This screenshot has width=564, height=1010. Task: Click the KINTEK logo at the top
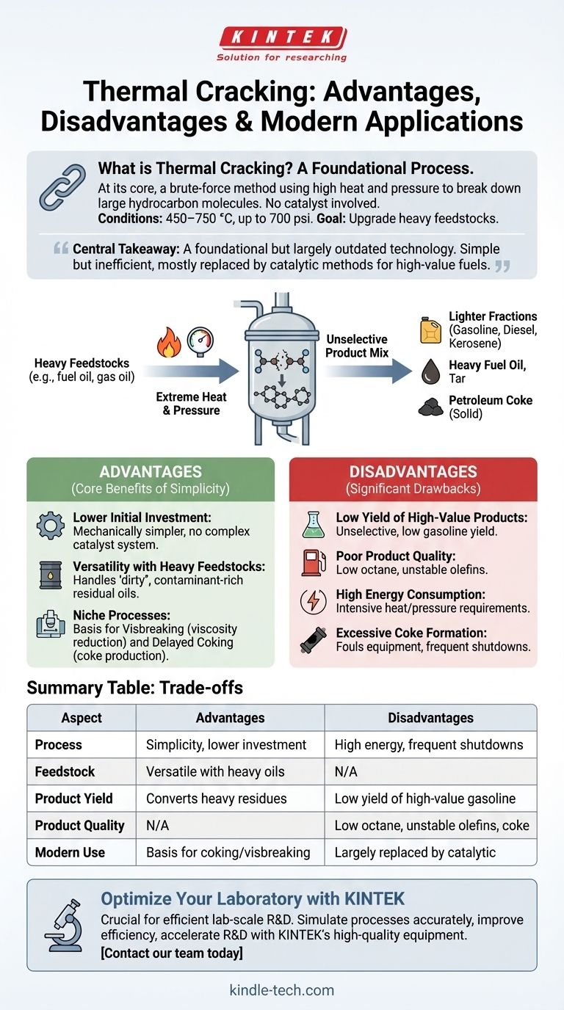pos(282,37)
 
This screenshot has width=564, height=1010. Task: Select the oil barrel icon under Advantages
pos(50,574)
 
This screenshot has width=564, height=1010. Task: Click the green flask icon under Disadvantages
pos(313,524)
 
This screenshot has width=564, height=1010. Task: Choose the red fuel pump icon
pos(313,562)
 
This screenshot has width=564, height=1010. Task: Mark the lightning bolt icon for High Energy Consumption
pos(313,601)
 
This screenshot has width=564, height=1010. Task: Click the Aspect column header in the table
pos(82,718)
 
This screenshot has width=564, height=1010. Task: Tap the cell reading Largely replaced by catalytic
pos(415,852)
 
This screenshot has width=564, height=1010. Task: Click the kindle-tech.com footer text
pos(282,990)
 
